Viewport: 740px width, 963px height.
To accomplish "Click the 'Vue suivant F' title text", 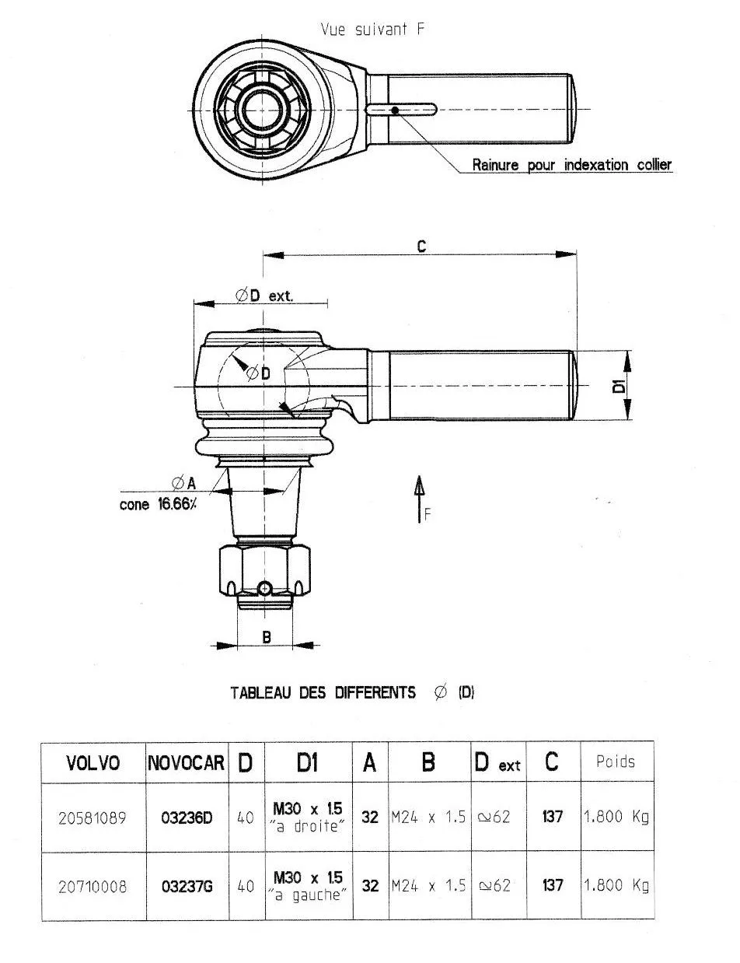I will (x=373, y=30).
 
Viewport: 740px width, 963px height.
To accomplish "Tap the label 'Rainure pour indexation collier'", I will (x=572, y=165).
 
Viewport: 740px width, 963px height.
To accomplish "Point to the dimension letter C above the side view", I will (x=421, y=246).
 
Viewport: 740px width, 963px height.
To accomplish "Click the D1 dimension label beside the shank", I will (x=620, y=386).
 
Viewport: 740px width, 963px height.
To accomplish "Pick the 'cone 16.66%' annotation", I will (x=158, y=503).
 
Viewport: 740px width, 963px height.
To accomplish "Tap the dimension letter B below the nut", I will (x=265, y=636).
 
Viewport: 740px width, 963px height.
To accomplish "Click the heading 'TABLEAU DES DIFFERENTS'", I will (x=323, y=692).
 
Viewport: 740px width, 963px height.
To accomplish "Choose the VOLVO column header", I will (x=93, y=763).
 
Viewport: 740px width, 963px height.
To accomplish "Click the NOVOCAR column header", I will (x=187, y=763).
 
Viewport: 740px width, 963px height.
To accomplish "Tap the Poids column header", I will (x=615, y=762).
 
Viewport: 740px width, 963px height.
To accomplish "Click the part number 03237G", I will (x=187, y=886).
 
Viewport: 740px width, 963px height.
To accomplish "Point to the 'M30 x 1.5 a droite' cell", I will (x=308, y=818).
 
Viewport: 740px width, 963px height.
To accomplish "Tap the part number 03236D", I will (x=187, y=818).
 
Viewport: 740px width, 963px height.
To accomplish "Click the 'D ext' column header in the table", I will (x=497, y=763).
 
